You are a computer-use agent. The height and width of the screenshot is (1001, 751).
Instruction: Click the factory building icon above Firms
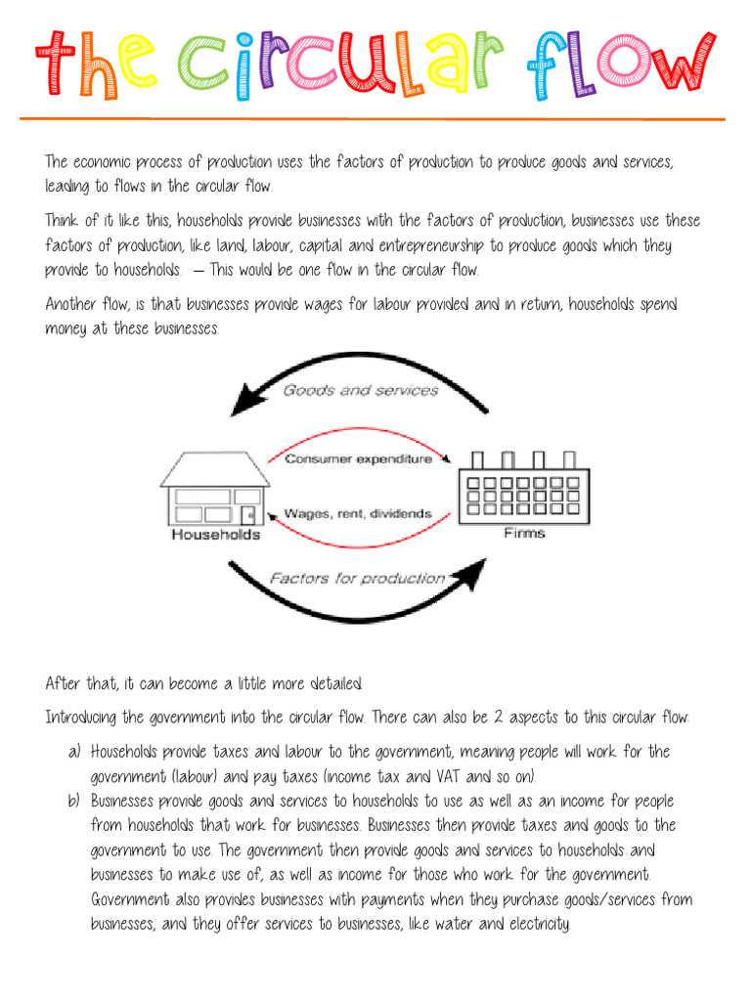coord(524,486)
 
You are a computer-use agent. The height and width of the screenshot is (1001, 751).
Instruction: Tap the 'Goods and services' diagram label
coord(361,390)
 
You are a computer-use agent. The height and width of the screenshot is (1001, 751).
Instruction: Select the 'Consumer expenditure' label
coord(358,458)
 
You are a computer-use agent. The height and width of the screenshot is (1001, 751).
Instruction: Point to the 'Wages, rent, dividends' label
coord(357,512)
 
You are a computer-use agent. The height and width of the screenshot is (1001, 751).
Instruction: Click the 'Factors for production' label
coord(357,579)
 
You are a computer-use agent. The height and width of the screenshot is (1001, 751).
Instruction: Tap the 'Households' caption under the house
coord(215,535)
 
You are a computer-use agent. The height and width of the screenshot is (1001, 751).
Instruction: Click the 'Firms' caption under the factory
coord(524,533)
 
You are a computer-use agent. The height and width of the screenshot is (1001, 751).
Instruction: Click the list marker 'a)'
coord(75,752)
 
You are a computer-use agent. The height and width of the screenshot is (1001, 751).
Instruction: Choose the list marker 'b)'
coord(75,801)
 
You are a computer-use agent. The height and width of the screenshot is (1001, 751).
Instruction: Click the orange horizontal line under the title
coord(372,118)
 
